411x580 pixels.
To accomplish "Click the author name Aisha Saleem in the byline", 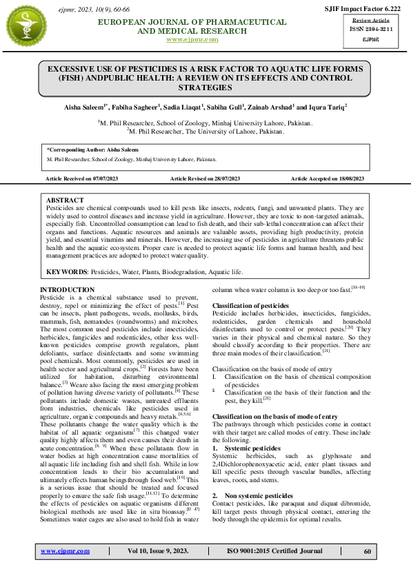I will (82, 107).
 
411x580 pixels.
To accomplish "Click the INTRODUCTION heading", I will (67, 289).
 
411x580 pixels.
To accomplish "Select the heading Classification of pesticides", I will (250, 305).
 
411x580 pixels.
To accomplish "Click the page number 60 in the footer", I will (368, 551).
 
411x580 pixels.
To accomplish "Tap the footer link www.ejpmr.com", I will (65, 551).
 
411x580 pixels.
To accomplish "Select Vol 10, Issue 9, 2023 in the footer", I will (158, 551).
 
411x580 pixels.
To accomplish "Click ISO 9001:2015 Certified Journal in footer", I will (274, 551).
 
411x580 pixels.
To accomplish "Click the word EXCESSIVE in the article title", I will (74, 70).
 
